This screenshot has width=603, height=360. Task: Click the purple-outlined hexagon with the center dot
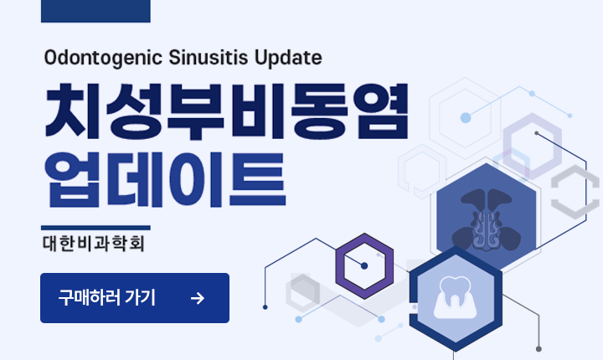tap(364, 266)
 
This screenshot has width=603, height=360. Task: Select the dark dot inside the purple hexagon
tap(364, 266)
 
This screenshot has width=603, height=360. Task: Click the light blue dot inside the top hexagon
tap(466, 118)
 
